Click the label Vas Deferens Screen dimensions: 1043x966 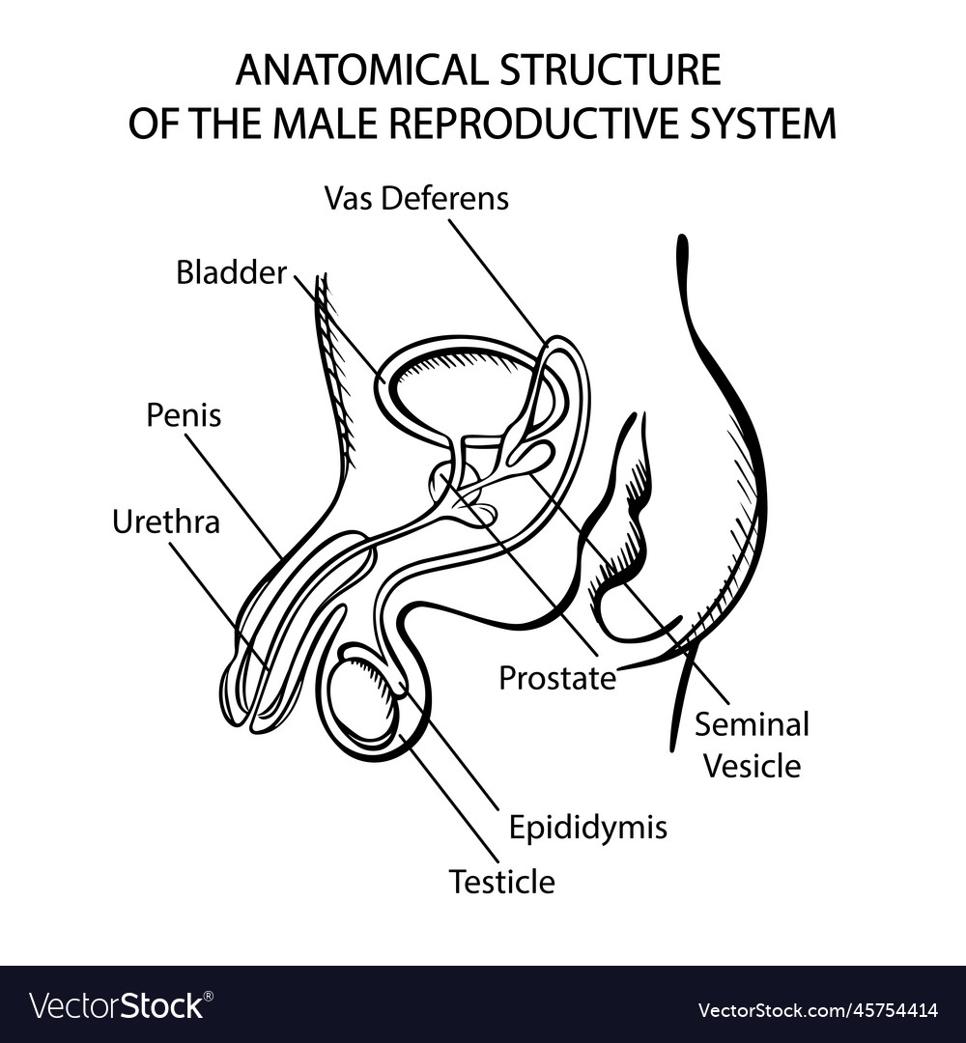(x=416, y=199)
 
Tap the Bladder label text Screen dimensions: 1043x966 (x=231, y=273)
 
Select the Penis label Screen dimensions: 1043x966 (x=184, y=415)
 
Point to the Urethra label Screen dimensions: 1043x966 (x=165, y=522)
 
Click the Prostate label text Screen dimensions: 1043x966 (x=557, y=679)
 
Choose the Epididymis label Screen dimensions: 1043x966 (x=588, y=828)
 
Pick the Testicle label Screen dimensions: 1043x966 (x=501, y=882)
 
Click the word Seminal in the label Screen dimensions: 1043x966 (x=752, y=723)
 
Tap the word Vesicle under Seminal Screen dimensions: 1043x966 (x=752, y=766)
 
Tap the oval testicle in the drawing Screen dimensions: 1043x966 (x=362, y=700)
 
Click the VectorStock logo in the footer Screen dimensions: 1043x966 (x=116, y=1005)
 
